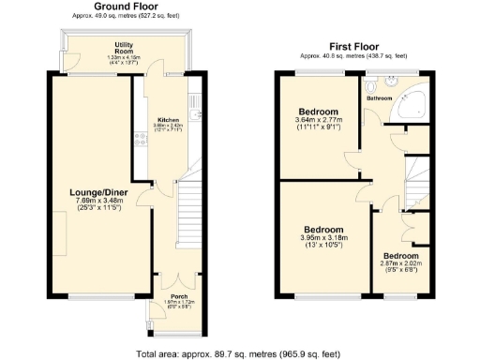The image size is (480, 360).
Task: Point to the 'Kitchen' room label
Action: pyautogui.click(x=169, y=120)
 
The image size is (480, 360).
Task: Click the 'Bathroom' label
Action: pyautogui.click(x=379, y=97)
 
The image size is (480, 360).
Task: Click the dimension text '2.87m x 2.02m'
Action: pyautogui.click(x=400, y=264)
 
